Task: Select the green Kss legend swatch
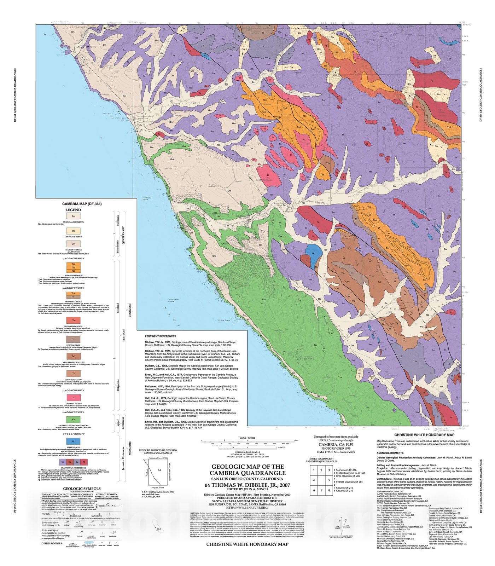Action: click(73, 420)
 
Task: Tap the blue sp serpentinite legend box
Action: click(73, 441)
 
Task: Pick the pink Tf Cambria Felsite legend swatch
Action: click(73, 398)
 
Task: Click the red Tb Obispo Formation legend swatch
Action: click(73, 320)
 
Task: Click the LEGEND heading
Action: click(73, 210)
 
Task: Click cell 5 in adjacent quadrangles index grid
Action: click(329, 480)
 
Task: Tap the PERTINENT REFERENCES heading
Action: click(160, 336)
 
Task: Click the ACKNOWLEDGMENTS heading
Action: click(390, 453)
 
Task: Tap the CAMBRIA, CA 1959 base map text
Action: click(336, 444)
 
